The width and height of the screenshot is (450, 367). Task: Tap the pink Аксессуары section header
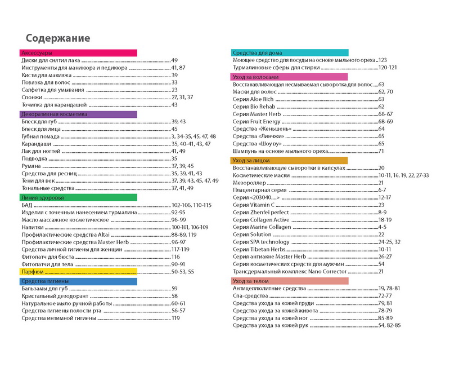(x=79, y=52)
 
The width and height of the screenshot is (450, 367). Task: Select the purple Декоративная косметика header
(x=79, y=114)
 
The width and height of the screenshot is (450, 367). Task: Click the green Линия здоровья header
(x=79, y=198)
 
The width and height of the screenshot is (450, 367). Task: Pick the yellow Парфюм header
(x=79, y=272)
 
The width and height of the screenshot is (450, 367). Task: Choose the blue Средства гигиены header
(x=79, y=281)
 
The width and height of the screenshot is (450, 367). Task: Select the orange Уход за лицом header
(x=290, y=161)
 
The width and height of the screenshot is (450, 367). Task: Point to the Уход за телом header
(x=290, y=281)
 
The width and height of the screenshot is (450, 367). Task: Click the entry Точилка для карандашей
(x=54, y=105)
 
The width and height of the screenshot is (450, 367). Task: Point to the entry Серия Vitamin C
(x=258, y=205)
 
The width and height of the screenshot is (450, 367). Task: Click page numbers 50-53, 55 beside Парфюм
(x=183, y=272)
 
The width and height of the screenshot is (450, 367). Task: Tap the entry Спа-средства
(x=251, y=295)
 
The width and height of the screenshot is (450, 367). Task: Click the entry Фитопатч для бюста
(x=49, y=257)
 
